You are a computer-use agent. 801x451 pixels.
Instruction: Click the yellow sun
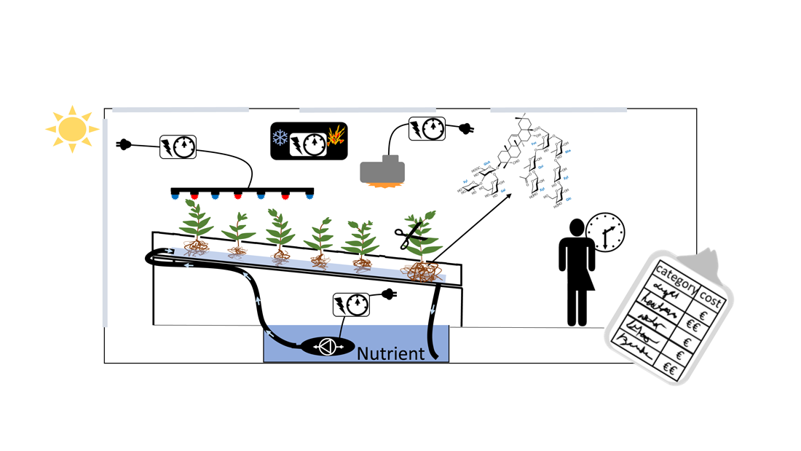(72, 129)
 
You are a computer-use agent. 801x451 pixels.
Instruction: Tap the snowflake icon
(280, 138)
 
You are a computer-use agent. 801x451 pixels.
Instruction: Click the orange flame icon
(336, 136)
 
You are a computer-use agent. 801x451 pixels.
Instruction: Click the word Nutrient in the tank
(390, 354)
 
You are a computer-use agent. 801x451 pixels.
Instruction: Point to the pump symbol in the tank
(326, 347)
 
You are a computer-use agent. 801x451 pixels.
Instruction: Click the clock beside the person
(604, 232)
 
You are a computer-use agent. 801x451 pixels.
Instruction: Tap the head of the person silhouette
(576, 227)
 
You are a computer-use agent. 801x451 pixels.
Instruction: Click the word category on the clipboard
(674, 278)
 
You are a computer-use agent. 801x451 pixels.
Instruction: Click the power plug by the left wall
(124, 144)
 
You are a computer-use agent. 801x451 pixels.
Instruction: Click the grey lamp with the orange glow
(382, 172)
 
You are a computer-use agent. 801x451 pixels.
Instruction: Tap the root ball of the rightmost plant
(423, 271)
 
